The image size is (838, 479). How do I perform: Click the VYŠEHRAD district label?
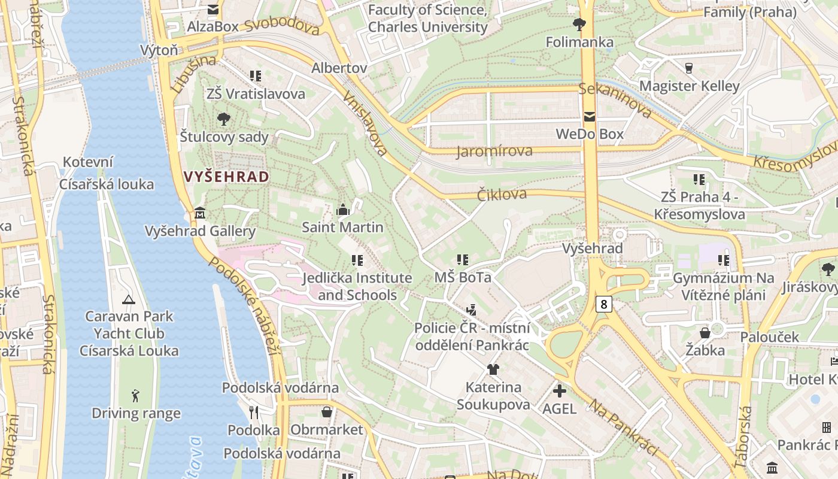pos(227,177)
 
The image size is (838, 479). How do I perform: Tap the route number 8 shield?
pos(604,304)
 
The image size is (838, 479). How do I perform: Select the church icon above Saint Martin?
pos(343,210)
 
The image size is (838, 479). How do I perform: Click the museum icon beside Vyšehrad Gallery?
pos(200,213)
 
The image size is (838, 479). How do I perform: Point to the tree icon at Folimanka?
pos(579,25)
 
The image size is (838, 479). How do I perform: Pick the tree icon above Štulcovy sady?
pos(224,119)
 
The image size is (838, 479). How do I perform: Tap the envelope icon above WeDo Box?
pos(590,117)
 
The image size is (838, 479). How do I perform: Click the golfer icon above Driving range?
pos(136,396)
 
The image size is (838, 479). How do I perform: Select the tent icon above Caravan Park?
pos(128,299)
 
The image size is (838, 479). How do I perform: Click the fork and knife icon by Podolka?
pos(254,412)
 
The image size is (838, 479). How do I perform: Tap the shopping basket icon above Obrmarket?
pos(327,412)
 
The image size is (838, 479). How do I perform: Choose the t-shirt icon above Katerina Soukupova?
pos(493,369)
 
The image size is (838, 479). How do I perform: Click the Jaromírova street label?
pos(494,151)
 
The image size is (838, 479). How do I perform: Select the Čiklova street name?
pos(502,194)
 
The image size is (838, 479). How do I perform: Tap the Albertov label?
pos(339,68)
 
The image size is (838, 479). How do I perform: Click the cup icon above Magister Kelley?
pos(689,68)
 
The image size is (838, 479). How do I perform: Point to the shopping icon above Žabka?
pos(705,332)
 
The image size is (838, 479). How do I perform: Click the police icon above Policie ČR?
pos(472,310)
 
